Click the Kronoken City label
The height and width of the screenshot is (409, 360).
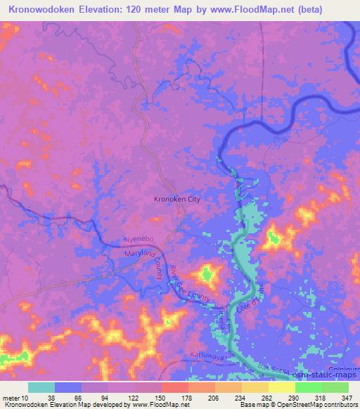coord(177,200)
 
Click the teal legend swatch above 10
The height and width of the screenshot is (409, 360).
coord(41,387)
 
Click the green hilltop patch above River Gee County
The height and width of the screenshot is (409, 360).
coord(207,272)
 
